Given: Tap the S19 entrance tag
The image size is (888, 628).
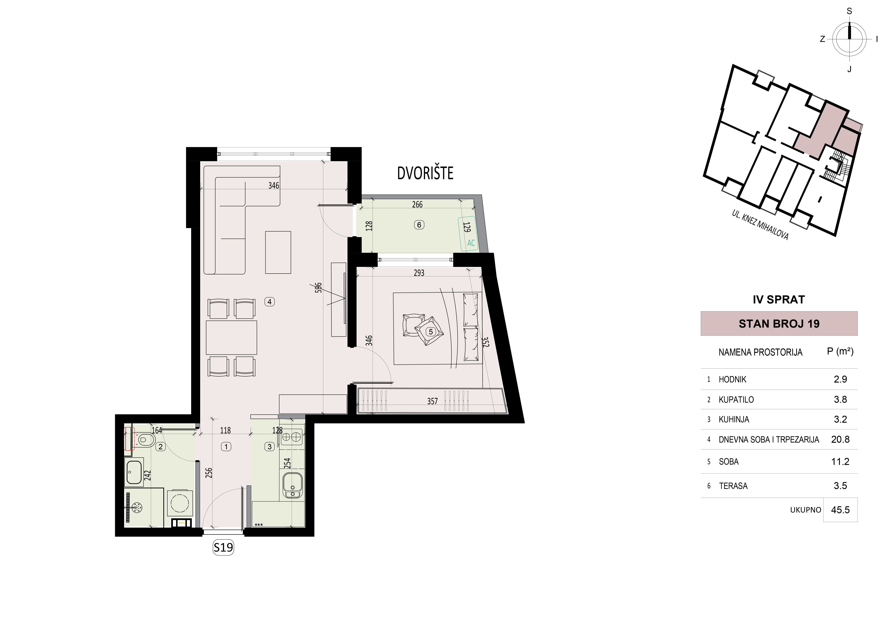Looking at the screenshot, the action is (224, 547).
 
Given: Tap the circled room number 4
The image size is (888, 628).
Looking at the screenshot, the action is (270, 302).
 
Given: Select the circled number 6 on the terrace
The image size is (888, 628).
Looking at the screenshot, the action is (419, 225).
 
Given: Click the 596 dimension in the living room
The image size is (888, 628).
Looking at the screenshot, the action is (318, 288).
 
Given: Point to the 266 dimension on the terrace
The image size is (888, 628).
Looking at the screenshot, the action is (417, 204).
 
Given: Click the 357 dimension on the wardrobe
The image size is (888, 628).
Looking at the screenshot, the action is (432, 401).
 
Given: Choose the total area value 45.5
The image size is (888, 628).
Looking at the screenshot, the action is (840, 510).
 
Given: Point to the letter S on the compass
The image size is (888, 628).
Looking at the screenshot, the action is (849, 11).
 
